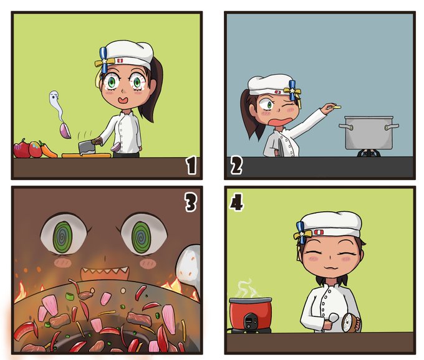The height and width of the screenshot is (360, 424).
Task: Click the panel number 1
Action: click(x=191, y=165)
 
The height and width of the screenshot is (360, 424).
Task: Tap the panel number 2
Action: click(x=236, y=165)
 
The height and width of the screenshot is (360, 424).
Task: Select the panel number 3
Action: click(x=190, y=202)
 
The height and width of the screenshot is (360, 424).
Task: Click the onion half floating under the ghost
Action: click(x=65, y=130)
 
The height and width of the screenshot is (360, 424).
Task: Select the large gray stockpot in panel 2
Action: click(x=369, y=132)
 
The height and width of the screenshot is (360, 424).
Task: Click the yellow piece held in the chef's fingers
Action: click(x=337, y=107)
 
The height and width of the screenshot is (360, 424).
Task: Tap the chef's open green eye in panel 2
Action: click(x=267, y=105)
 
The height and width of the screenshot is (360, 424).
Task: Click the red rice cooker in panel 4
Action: click(x=251, y=314)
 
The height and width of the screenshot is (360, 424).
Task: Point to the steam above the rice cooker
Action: click(x=247, y=288)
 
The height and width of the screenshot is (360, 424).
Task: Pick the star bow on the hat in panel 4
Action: click(x=302, y=233)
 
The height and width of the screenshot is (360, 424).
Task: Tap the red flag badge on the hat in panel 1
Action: click(x=120, y=61)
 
